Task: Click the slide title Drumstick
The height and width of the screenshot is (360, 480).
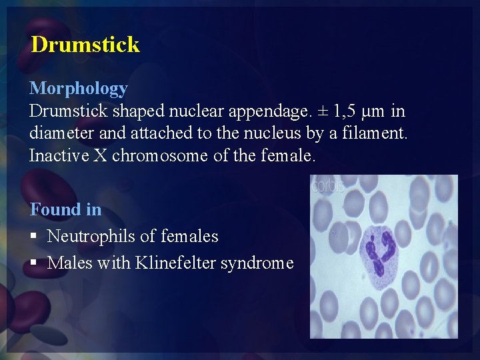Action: tap(85, 45)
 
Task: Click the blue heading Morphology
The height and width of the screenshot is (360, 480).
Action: tap(79, 88)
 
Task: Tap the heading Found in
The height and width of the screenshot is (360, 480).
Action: tap(65, 209)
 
